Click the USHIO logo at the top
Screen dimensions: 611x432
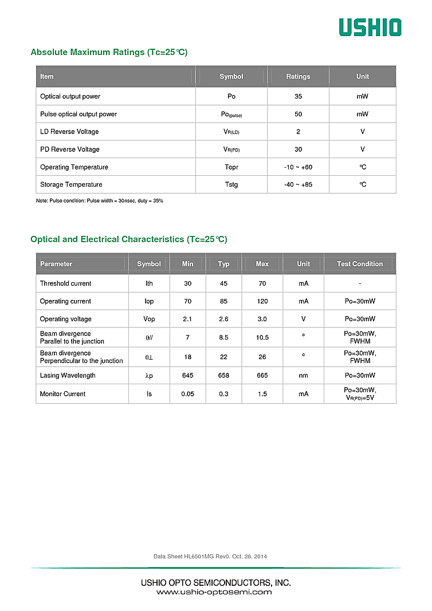tap(370, 27)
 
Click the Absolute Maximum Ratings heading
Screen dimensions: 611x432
tap(109, 52)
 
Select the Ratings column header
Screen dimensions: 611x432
tap(298, 77)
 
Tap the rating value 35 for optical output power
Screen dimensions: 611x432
tap(298, 96)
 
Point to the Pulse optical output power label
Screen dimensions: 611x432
tap(78, 114)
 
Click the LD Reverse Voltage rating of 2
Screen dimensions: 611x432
tap(298, 132)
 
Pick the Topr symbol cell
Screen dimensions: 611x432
tap(231, 167)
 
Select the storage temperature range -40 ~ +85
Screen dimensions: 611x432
tap(298, 184)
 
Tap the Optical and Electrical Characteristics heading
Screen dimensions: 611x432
tap(129, 239)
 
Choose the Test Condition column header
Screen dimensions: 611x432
tap(360, 264)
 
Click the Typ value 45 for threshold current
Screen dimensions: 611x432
tap(223, 283)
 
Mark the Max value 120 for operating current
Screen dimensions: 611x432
tap(262, 301)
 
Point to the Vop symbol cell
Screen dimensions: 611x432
tap(149, 319)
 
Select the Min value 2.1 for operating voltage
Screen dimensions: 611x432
tap(187, 319)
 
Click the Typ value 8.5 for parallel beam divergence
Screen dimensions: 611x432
tap(223, 337)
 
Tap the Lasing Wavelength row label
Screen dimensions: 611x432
tap(68, 376)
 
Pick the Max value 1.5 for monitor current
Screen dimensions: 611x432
tap(262, 394)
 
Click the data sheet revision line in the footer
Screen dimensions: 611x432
tap(210, 557)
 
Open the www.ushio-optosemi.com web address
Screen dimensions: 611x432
tap(214, 592)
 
